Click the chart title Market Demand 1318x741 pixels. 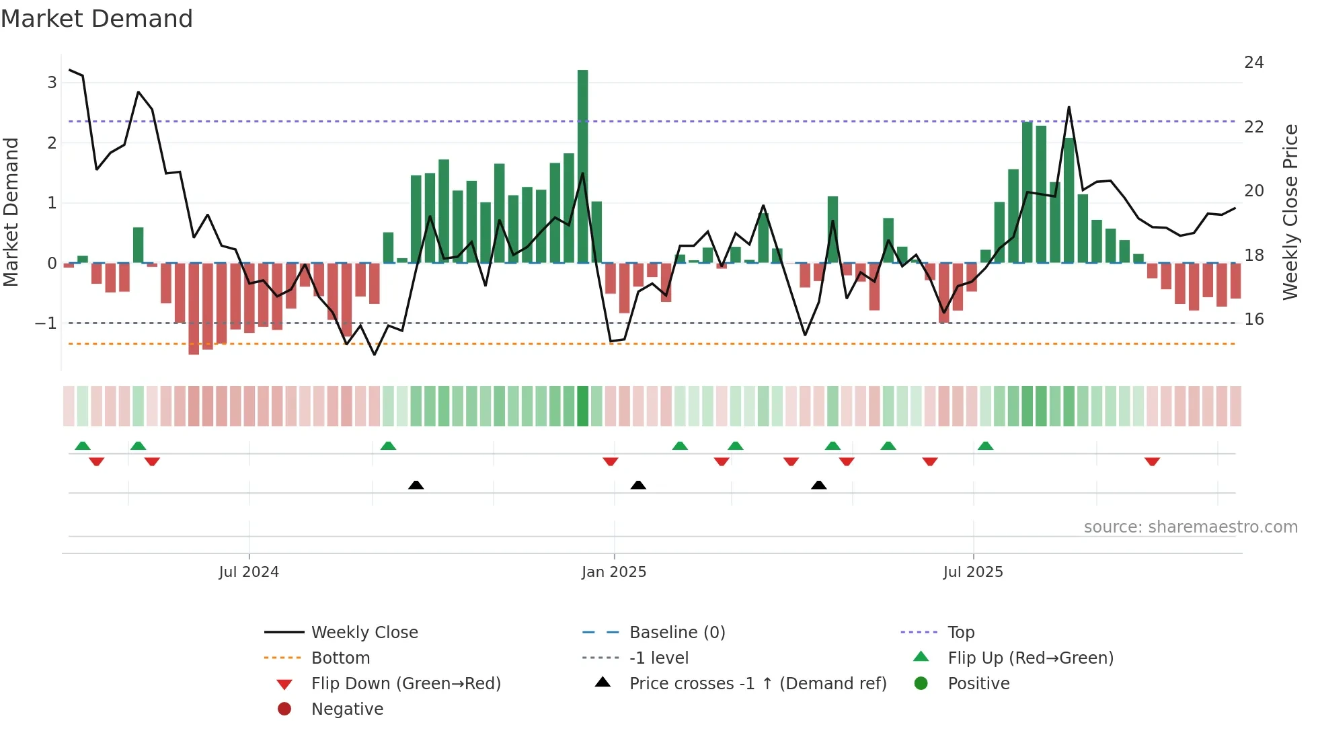(x=97, y=19)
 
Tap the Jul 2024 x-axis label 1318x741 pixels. (x=249, y=572)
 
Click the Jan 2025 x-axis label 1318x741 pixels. (x=614, y=572)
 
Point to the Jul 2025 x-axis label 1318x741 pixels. (x=973, y=572)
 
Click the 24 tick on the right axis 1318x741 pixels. (x=1254, y=63)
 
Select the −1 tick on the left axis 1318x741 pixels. (x=46, y=323)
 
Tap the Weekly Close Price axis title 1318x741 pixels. (x=1290, y=212)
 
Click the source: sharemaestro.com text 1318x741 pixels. (x=1190, y=527)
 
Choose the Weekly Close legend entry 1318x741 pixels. (x=364, y=633)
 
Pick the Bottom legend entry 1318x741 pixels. (x=340, y=658)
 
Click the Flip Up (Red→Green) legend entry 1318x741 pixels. (x=1030, y=658)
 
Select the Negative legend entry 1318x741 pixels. (x=347, y=709)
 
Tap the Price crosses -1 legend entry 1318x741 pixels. (x=758, y=684)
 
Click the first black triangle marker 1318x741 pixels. (x=416, y=485)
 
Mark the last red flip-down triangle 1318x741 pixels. (x=1153, y=461)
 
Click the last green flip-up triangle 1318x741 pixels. (x=986, y=446)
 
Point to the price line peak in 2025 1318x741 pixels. (x=1069, y=108)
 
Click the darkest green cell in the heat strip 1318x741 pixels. (x=582, y=406)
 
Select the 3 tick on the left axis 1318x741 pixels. (x=52, y=83)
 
